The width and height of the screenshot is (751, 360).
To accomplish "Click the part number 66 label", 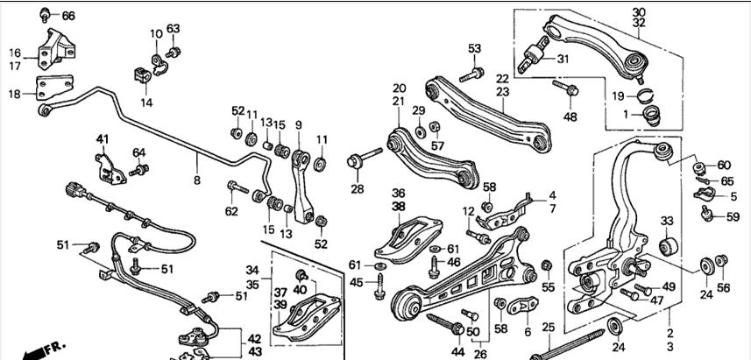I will click(68, 16).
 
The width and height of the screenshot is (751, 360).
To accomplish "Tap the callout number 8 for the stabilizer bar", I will click(197, 180).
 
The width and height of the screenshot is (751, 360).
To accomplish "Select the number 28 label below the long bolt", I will click(357, 188).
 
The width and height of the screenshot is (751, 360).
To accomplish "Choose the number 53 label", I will click(475, 48).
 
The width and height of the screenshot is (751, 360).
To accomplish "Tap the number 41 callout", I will click(103, 139).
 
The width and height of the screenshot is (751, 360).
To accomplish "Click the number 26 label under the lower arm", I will click(479, 355).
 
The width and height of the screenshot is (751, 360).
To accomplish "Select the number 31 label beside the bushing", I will click(563, 60).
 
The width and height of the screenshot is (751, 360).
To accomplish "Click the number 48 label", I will click(570, 116).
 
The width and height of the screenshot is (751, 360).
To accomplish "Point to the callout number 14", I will click(145, 102).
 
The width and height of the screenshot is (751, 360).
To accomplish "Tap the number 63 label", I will click(174, 29).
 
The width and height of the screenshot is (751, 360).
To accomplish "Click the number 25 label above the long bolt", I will click(549, 328).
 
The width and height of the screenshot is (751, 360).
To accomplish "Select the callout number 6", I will click(527, 332).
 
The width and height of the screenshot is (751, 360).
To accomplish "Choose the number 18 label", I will click(16, 94).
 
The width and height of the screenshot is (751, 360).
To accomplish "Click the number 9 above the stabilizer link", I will click(298, 124).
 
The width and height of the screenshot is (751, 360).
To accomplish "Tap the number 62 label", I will click(230, 210).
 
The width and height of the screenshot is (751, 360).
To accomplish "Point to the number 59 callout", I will click(733, 216).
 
